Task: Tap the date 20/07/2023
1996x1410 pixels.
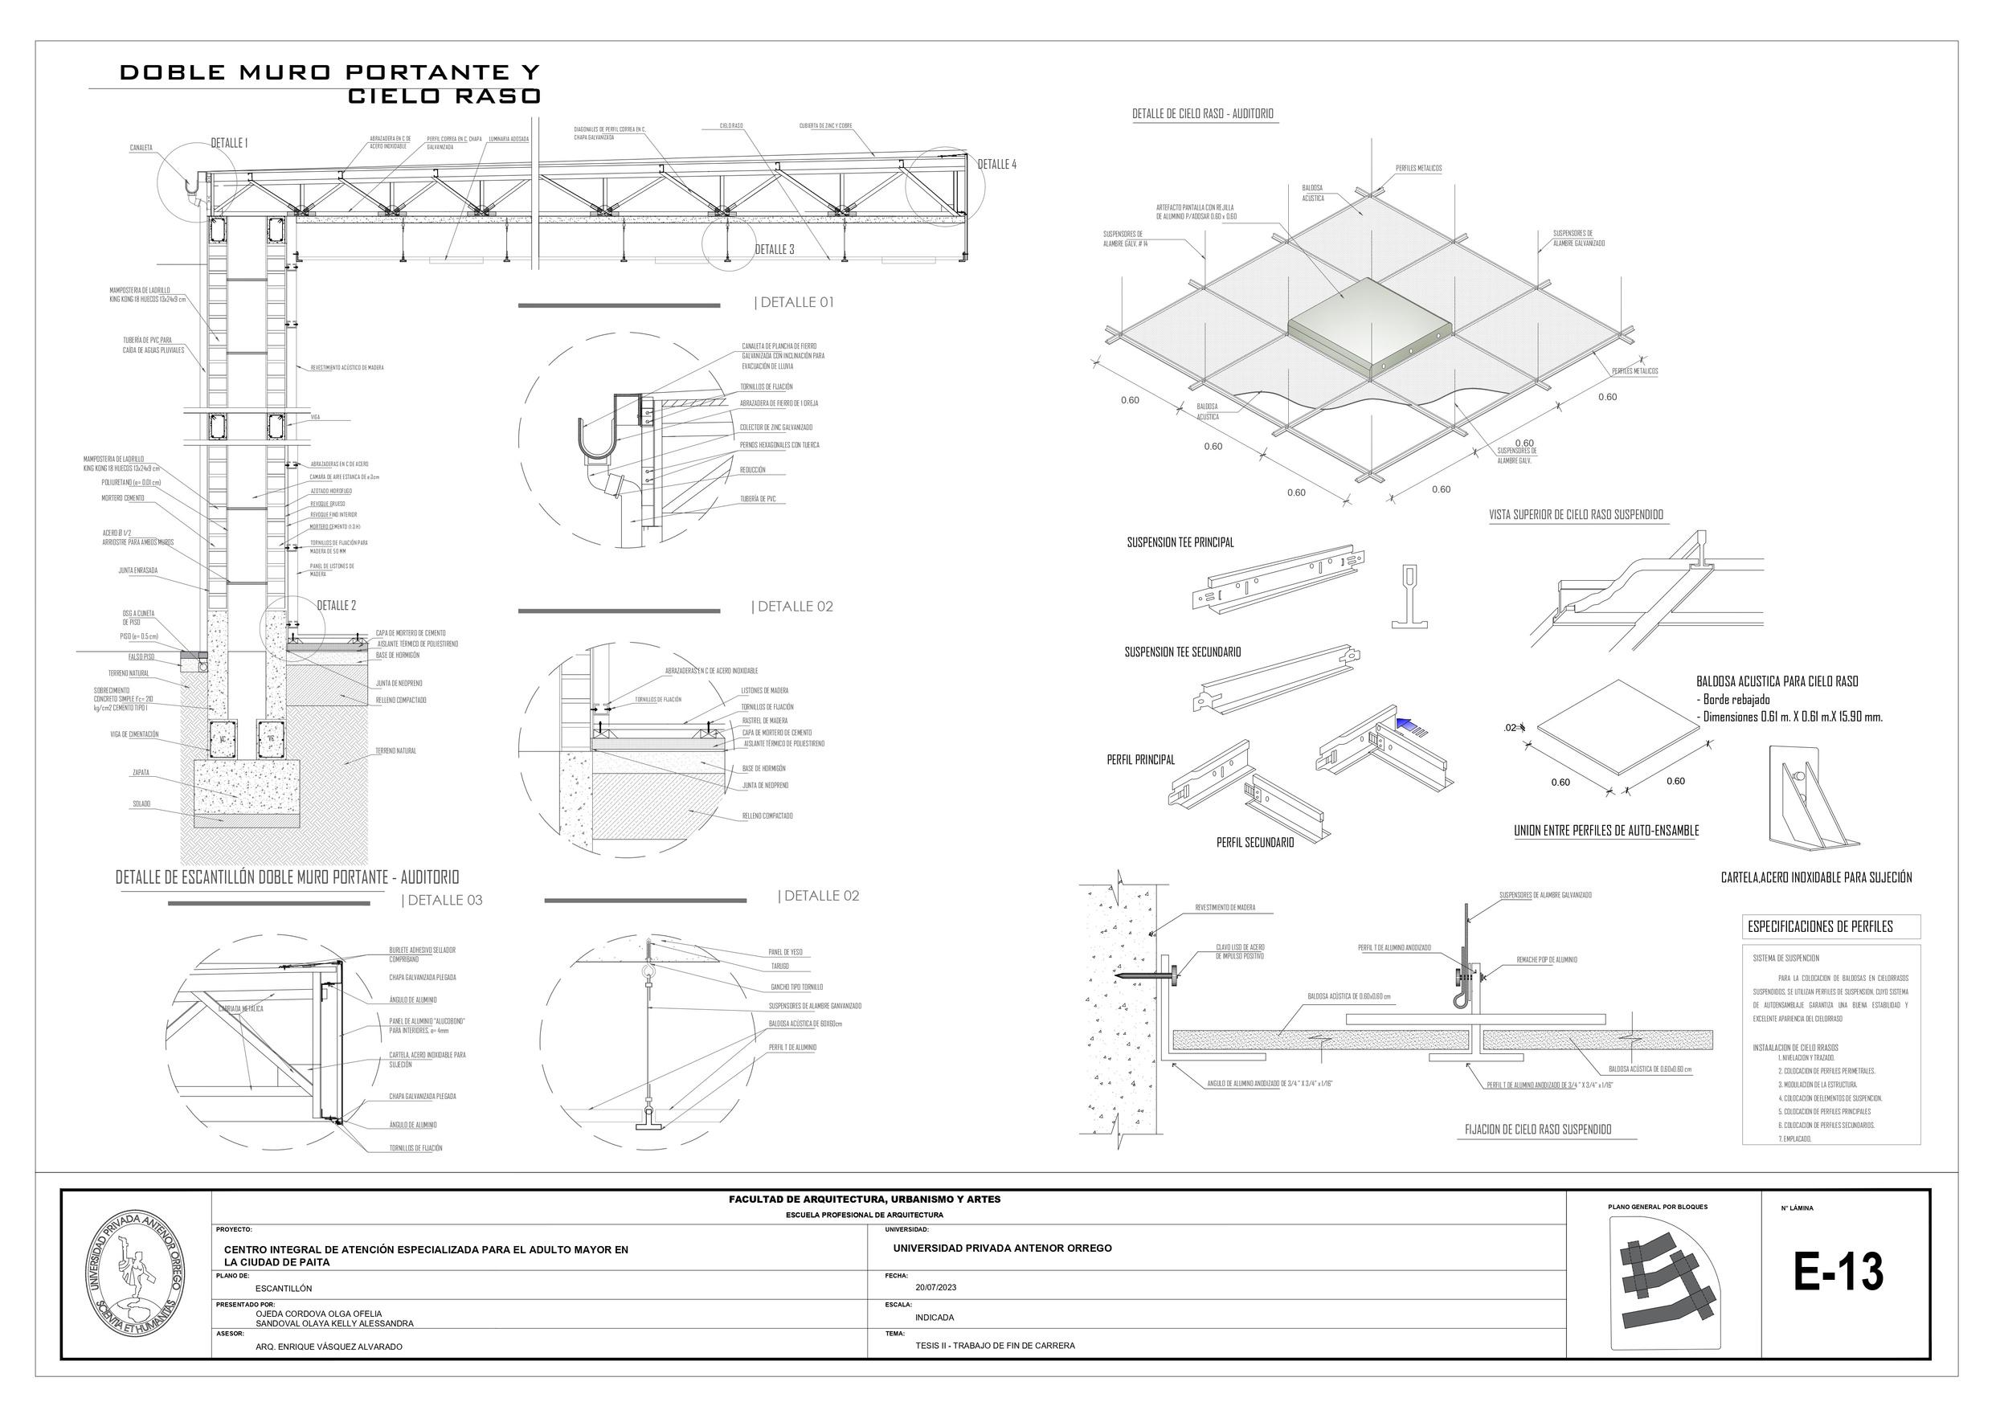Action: [935, 1286]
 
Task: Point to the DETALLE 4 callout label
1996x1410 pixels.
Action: [996, 164]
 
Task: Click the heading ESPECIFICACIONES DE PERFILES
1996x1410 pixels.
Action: [1819, 926]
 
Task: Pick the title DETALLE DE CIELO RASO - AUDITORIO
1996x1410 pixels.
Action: [1202, 114]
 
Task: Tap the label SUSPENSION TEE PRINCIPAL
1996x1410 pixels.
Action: [1180, 542]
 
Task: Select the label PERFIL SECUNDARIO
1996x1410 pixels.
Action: [1254, 842]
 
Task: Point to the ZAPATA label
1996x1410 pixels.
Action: [141, 772]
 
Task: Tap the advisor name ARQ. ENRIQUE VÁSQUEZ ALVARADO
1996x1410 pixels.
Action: [329, 1347]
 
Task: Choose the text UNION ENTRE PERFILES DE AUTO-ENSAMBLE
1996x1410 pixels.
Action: [1605, 831]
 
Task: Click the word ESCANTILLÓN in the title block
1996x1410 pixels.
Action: [284, 1289]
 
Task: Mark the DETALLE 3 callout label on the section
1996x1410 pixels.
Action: [774, 251]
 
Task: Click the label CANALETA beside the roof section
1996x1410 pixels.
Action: [141, 148]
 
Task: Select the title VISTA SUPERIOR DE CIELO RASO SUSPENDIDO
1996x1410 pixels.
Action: [1575, 515]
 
